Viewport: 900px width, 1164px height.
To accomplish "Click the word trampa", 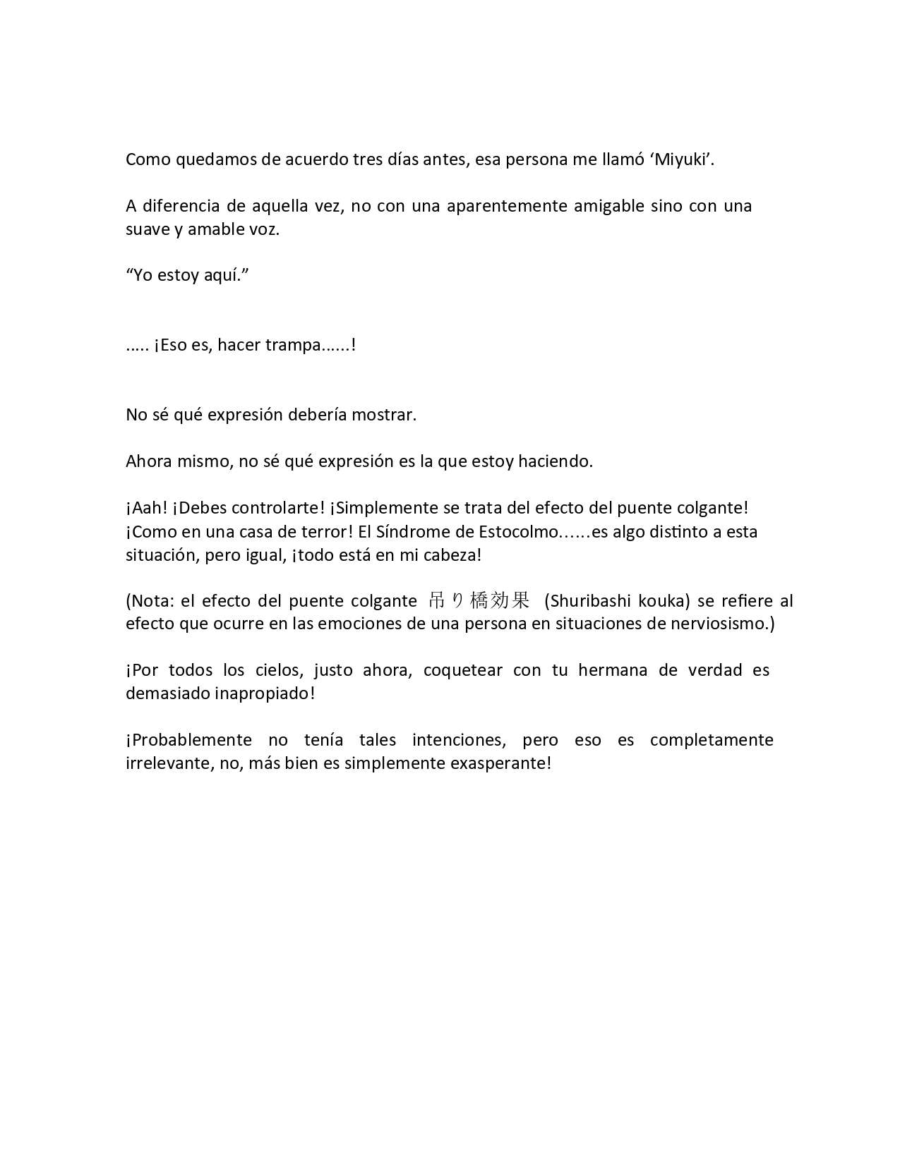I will (x=293, y=346).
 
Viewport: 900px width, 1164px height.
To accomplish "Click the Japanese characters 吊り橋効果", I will (x=479, y=600).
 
